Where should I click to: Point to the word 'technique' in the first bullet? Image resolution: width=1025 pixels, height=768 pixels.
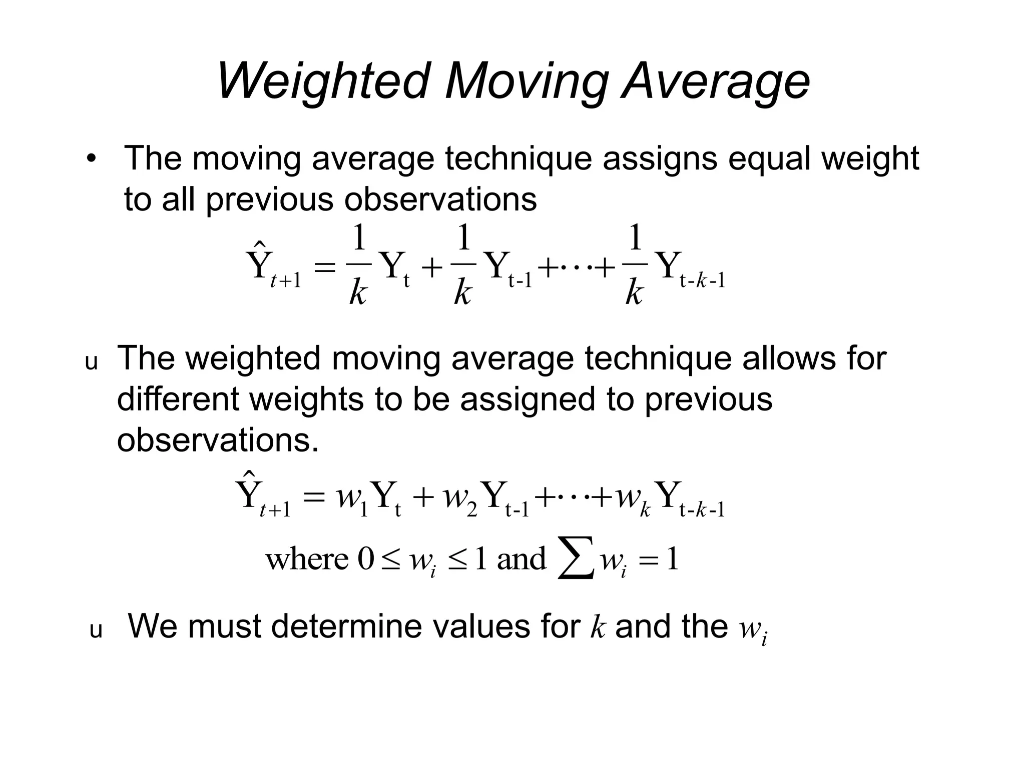coord(518,159)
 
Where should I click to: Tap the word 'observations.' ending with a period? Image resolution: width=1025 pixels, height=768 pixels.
coord(218,440)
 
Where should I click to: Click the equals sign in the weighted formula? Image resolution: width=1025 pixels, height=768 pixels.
coord(313,498)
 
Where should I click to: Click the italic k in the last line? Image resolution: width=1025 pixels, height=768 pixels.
coord(598,627)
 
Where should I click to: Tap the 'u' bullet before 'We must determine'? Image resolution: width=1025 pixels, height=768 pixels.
coord(96,631)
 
